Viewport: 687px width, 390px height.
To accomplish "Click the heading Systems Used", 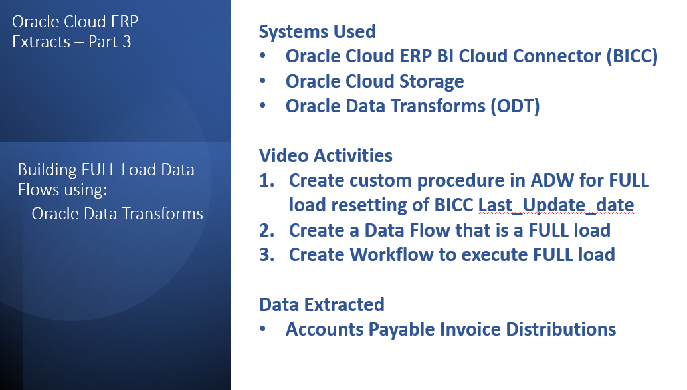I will tap(317, 31).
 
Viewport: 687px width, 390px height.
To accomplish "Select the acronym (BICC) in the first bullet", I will tap(631, 56).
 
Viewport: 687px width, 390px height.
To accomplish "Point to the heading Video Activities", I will tap(326, 155).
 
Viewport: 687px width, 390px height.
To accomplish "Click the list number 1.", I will tap(266, 181).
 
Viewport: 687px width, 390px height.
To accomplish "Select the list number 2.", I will tap(266, 230).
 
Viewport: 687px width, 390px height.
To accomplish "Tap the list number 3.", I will tap(266, 254).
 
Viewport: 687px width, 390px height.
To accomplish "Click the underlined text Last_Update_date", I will tap(556, 205).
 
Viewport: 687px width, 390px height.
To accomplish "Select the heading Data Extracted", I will tap(322, 304).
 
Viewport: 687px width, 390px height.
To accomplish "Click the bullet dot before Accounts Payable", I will tap(264, 329).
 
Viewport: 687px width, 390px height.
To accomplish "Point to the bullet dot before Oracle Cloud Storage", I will tap(264, 81).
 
